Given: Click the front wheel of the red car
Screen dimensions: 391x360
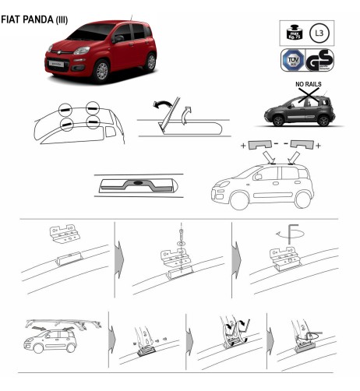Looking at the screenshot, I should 101,71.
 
